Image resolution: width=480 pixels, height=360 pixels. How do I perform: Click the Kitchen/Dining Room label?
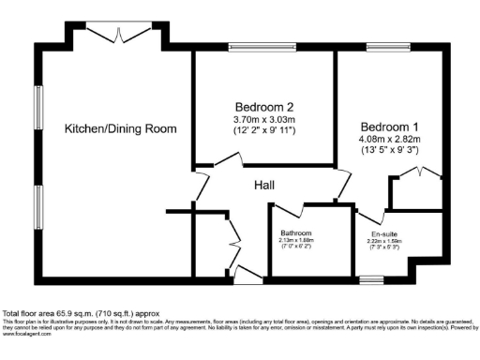121,128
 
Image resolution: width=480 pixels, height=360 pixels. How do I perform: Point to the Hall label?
264,186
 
